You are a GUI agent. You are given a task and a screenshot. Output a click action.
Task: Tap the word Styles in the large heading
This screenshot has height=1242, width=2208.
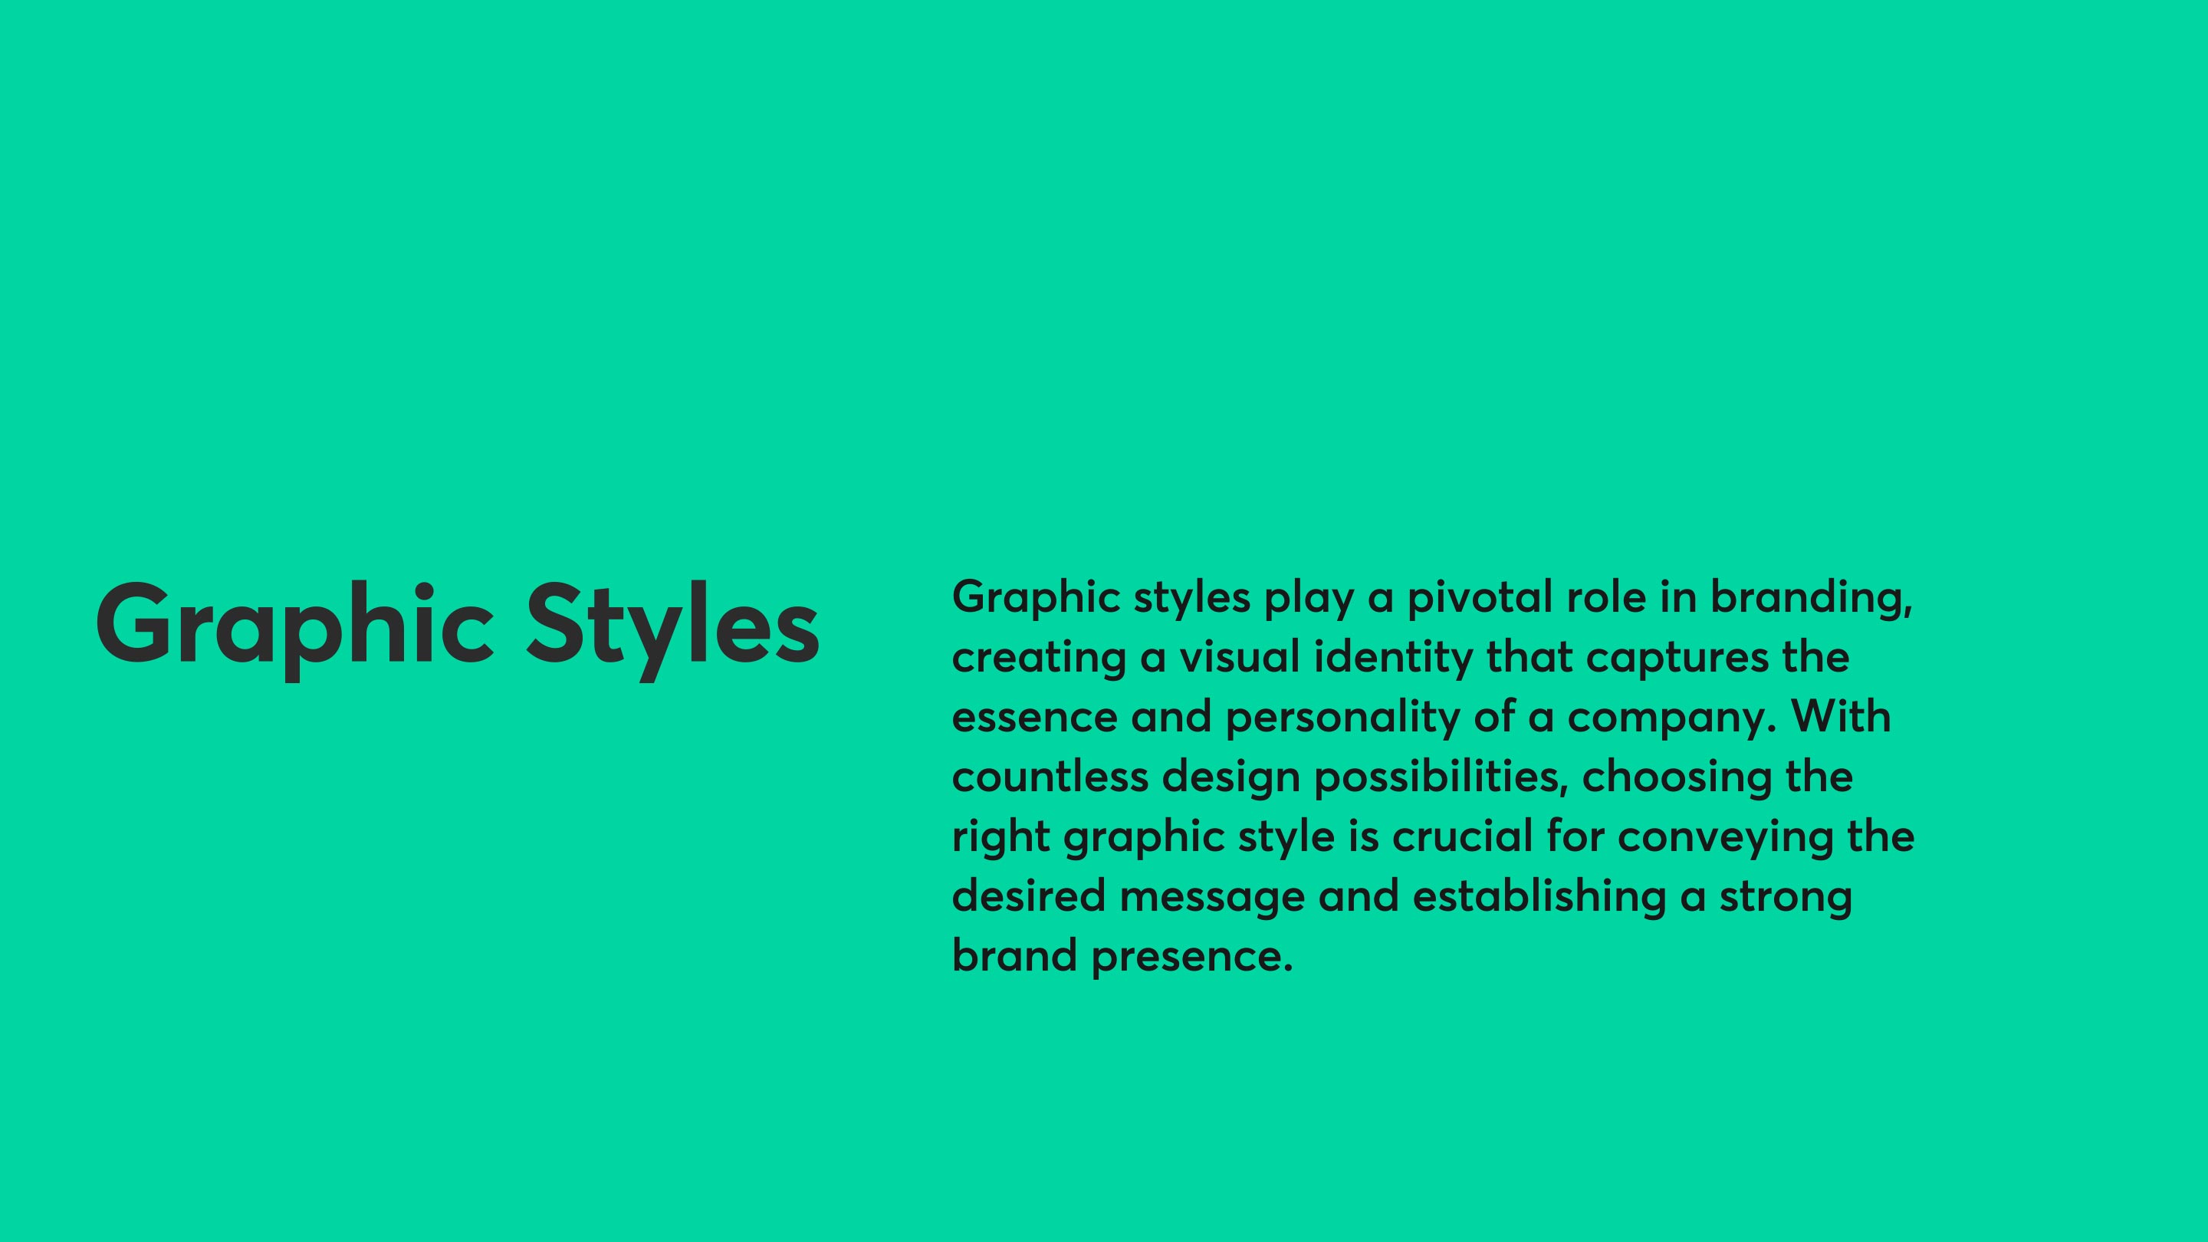coord(673,629)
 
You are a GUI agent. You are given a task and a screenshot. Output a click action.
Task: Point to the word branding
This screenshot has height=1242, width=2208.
coord(1812,598)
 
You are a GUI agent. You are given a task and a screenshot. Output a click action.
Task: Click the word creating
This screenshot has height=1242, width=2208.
coord(1039,659)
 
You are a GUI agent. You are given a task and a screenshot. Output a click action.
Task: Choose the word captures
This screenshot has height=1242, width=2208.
coord(1677,659)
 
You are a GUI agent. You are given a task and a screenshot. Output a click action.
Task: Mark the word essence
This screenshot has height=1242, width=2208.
coord(1034,718)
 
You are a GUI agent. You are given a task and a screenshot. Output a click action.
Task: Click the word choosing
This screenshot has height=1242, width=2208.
coord(1677,778)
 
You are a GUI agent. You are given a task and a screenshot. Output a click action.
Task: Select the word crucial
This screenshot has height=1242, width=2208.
coord(1462,836)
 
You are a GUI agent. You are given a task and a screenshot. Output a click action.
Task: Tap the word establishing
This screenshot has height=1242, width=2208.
coord(1539,899)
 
